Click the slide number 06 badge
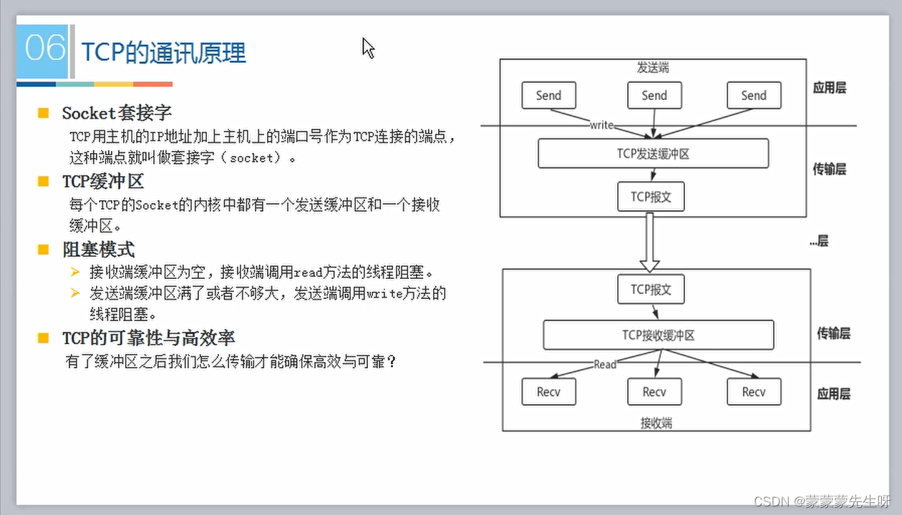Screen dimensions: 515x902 [44, 50]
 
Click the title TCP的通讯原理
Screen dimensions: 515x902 [164, 53]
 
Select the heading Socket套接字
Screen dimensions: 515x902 [117, 113]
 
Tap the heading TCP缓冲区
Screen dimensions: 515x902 [103, 182]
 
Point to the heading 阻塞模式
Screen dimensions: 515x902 [98, 250]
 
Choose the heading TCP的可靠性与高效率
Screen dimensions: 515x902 [148, 338]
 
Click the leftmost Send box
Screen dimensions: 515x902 [548, 95]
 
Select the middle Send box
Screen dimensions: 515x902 [654, 95]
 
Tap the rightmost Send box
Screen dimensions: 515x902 [754, 95]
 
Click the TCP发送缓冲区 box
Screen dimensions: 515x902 [653, 153]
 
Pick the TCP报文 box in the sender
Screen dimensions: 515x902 [651, 197]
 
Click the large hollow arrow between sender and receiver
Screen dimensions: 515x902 [649, 242]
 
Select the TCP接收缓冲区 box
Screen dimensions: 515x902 [658, 335]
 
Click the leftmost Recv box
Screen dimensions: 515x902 [548, 391]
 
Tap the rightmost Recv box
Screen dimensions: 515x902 [754, 391]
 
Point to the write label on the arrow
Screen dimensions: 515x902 [601, 124]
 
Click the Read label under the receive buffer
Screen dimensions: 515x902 [605, 364]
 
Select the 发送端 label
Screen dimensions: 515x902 [653, 68]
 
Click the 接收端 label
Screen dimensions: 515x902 [656, 423]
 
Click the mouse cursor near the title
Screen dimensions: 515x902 [368, 48]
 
